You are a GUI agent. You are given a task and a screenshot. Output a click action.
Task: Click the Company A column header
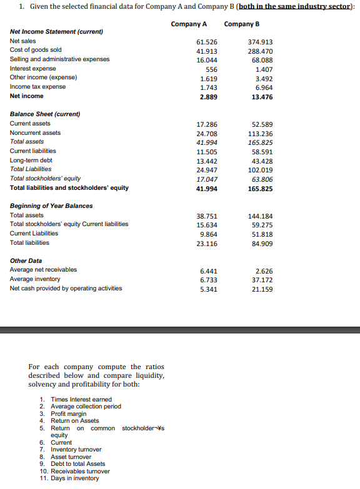coord(188,24)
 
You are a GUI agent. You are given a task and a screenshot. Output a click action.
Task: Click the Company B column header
coord(241,24)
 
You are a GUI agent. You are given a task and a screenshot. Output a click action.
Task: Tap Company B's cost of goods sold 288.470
coord(260,51)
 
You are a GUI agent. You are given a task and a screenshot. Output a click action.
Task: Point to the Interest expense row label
coord(33,68)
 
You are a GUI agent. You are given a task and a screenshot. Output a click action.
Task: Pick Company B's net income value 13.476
coord(261,97)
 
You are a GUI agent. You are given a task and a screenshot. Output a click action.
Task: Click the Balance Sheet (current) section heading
coord(45,114)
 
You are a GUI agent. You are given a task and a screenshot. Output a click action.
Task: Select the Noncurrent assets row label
coord(36,132)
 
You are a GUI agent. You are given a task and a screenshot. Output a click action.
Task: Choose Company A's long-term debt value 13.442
coord(207,161)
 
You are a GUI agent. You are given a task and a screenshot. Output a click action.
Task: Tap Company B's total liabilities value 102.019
coord(260,169)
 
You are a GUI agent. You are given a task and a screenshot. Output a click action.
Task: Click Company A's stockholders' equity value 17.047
coord(207,179)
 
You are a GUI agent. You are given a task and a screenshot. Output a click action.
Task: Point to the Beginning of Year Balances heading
coord(51,205)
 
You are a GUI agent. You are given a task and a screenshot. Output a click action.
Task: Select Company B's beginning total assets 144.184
coord(260,215)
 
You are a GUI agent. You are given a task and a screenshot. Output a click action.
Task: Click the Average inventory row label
coord(35,279)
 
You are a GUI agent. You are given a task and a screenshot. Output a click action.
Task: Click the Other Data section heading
coord(27,260)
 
